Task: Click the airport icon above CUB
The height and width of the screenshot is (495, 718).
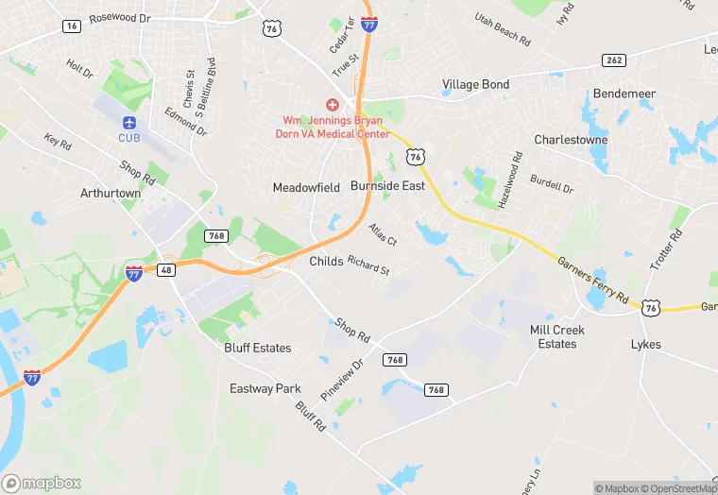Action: (128, 123)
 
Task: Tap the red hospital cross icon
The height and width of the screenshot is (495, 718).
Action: (333, 104)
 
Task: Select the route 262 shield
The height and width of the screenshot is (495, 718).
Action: (614, 60)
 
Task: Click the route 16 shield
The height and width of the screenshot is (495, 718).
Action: (72, 26)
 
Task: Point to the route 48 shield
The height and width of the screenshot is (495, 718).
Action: (167, 269)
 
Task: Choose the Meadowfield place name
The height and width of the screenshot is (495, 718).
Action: (306, 188)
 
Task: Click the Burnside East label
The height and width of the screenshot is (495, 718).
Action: (387, 187)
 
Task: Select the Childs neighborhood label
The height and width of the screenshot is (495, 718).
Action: (327, 262)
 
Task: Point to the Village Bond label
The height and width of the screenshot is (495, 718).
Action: (475, 85)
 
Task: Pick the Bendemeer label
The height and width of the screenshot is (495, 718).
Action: (624, 94)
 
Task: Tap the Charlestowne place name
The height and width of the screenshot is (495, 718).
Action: (571, 139)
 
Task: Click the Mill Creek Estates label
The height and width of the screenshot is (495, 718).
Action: (557, 337)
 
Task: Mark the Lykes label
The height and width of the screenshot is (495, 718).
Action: (646, 345)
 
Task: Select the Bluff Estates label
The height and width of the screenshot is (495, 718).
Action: (258, 348)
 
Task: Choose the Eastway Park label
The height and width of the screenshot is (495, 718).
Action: (265, 388)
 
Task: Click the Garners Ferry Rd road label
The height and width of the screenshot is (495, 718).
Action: (592, 282)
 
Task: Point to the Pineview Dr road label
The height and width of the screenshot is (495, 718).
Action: (342, 379)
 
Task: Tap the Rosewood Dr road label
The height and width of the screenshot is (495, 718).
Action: (120, 18)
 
